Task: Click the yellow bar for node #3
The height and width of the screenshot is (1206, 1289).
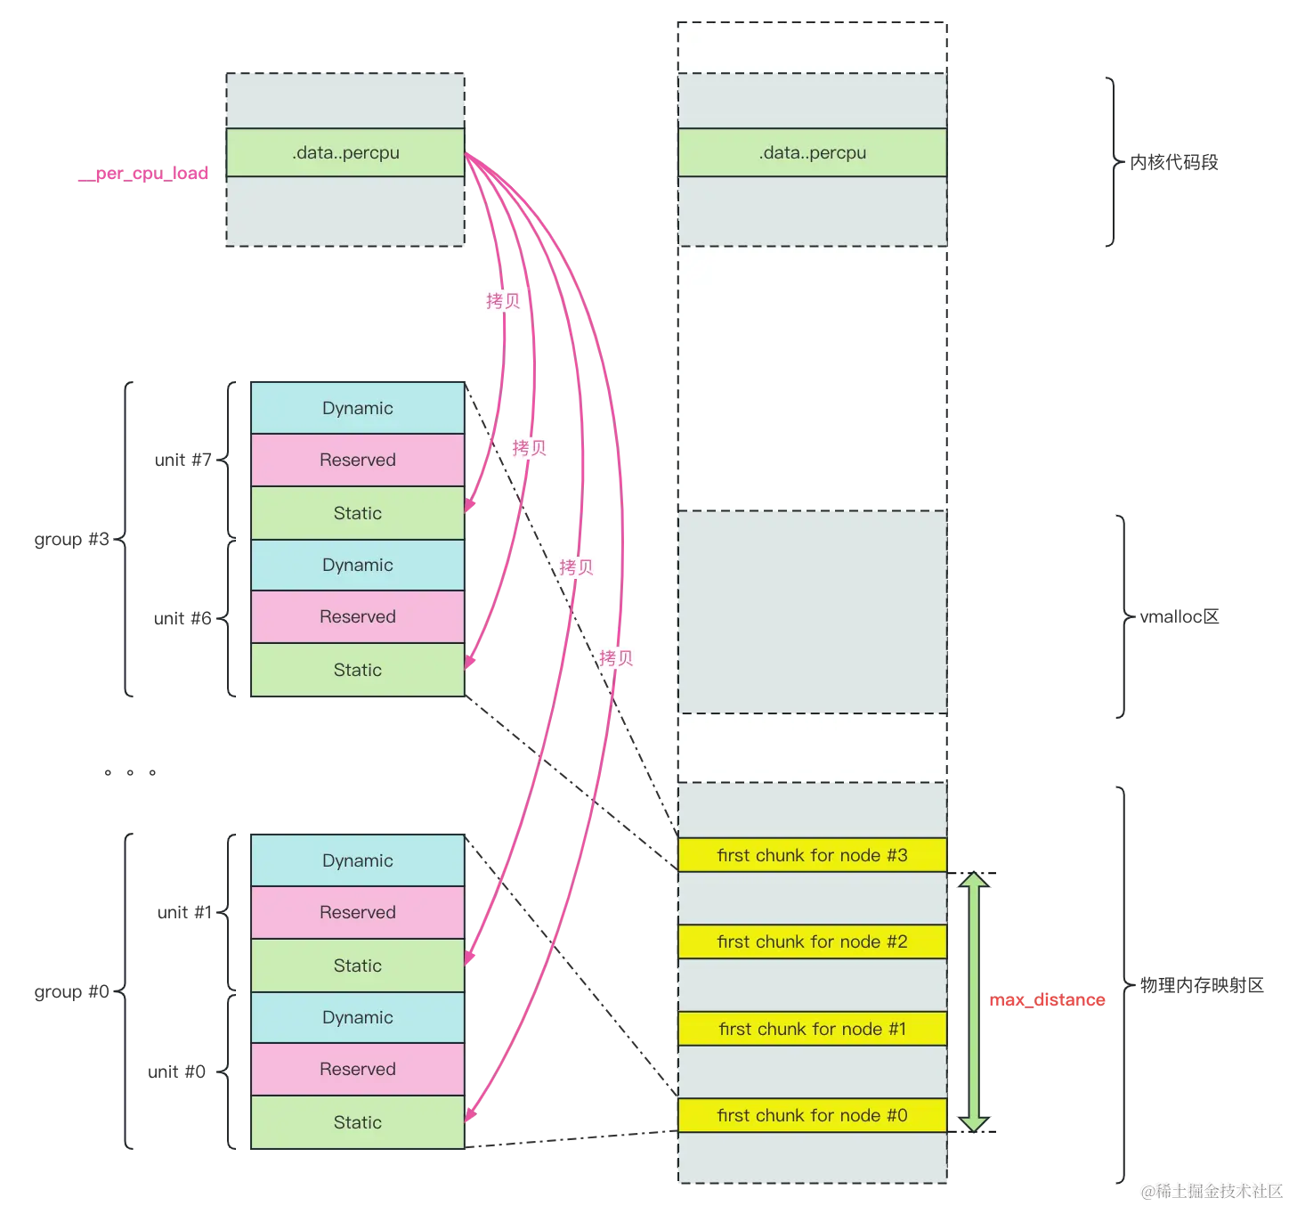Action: pos(812,855)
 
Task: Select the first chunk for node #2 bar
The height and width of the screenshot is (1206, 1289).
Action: pos(812,941)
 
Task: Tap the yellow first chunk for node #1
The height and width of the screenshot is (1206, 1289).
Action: pos(812,1029)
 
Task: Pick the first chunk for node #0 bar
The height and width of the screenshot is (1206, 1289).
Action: pos(812,1115)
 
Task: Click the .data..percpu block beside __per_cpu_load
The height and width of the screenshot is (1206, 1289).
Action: pos(345,152)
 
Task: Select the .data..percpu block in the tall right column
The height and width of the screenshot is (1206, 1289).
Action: pos(812,152)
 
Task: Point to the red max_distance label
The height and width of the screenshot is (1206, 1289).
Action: pos(1048,1000)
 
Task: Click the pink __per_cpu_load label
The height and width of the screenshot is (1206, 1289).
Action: pos(142,174)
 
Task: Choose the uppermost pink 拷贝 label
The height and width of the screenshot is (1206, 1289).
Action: pos(503,301)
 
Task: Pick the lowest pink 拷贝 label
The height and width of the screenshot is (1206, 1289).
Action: pos(616,658)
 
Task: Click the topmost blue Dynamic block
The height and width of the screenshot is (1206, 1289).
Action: pos(358,408)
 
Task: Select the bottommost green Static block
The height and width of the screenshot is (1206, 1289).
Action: pos(358,1122)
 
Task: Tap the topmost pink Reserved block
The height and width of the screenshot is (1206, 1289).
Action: pos(358,460)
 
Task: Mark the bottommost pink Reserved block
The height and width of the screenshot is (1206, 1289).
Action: pos(358,1069)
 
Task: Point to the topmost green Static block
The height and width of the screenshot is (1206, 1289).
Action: pos(358,513)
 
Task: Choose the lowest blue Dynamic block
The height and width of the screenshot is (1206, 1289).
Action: pos(358,1017)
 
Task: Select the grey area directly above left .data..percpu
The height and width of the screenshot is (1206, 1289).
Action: pos(345,101)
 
